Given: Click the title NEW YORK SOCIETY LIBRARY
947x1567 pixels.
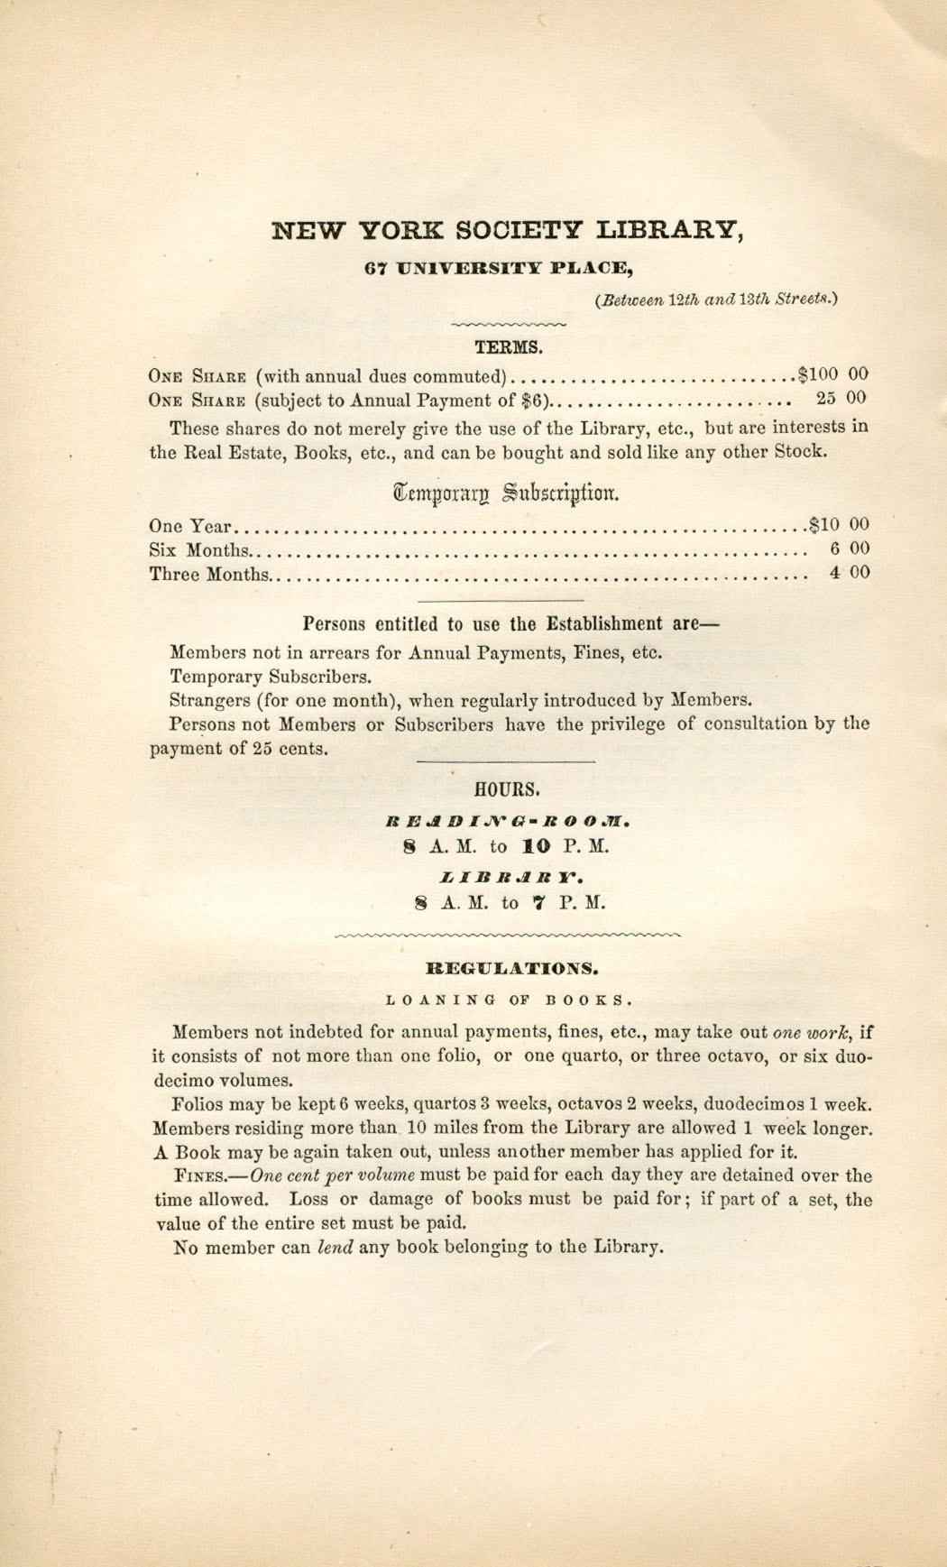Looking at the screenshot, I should pos(507,231).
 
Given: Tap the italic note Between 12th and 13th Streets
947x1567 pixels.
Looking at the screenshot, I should pos(717,300).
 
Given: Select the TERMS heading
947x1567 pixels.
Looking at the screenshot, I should pos(509,346).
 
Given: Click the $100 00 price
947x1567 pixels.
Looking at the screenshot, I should pos(832,373).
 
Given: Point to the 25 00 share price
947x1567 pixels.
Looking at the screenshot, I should pos(842,398).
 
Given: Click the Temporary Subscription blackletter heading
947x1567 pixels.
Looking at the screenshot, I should pos(506,493).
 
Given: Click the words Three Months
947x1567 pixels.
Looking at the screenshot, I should pos(209,574).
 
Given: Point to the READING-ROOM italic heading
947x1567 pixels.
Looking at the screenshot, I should pos(507,822).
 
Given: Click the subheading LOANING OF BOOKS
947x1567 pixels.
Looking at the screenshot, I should pos(508,1000).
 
